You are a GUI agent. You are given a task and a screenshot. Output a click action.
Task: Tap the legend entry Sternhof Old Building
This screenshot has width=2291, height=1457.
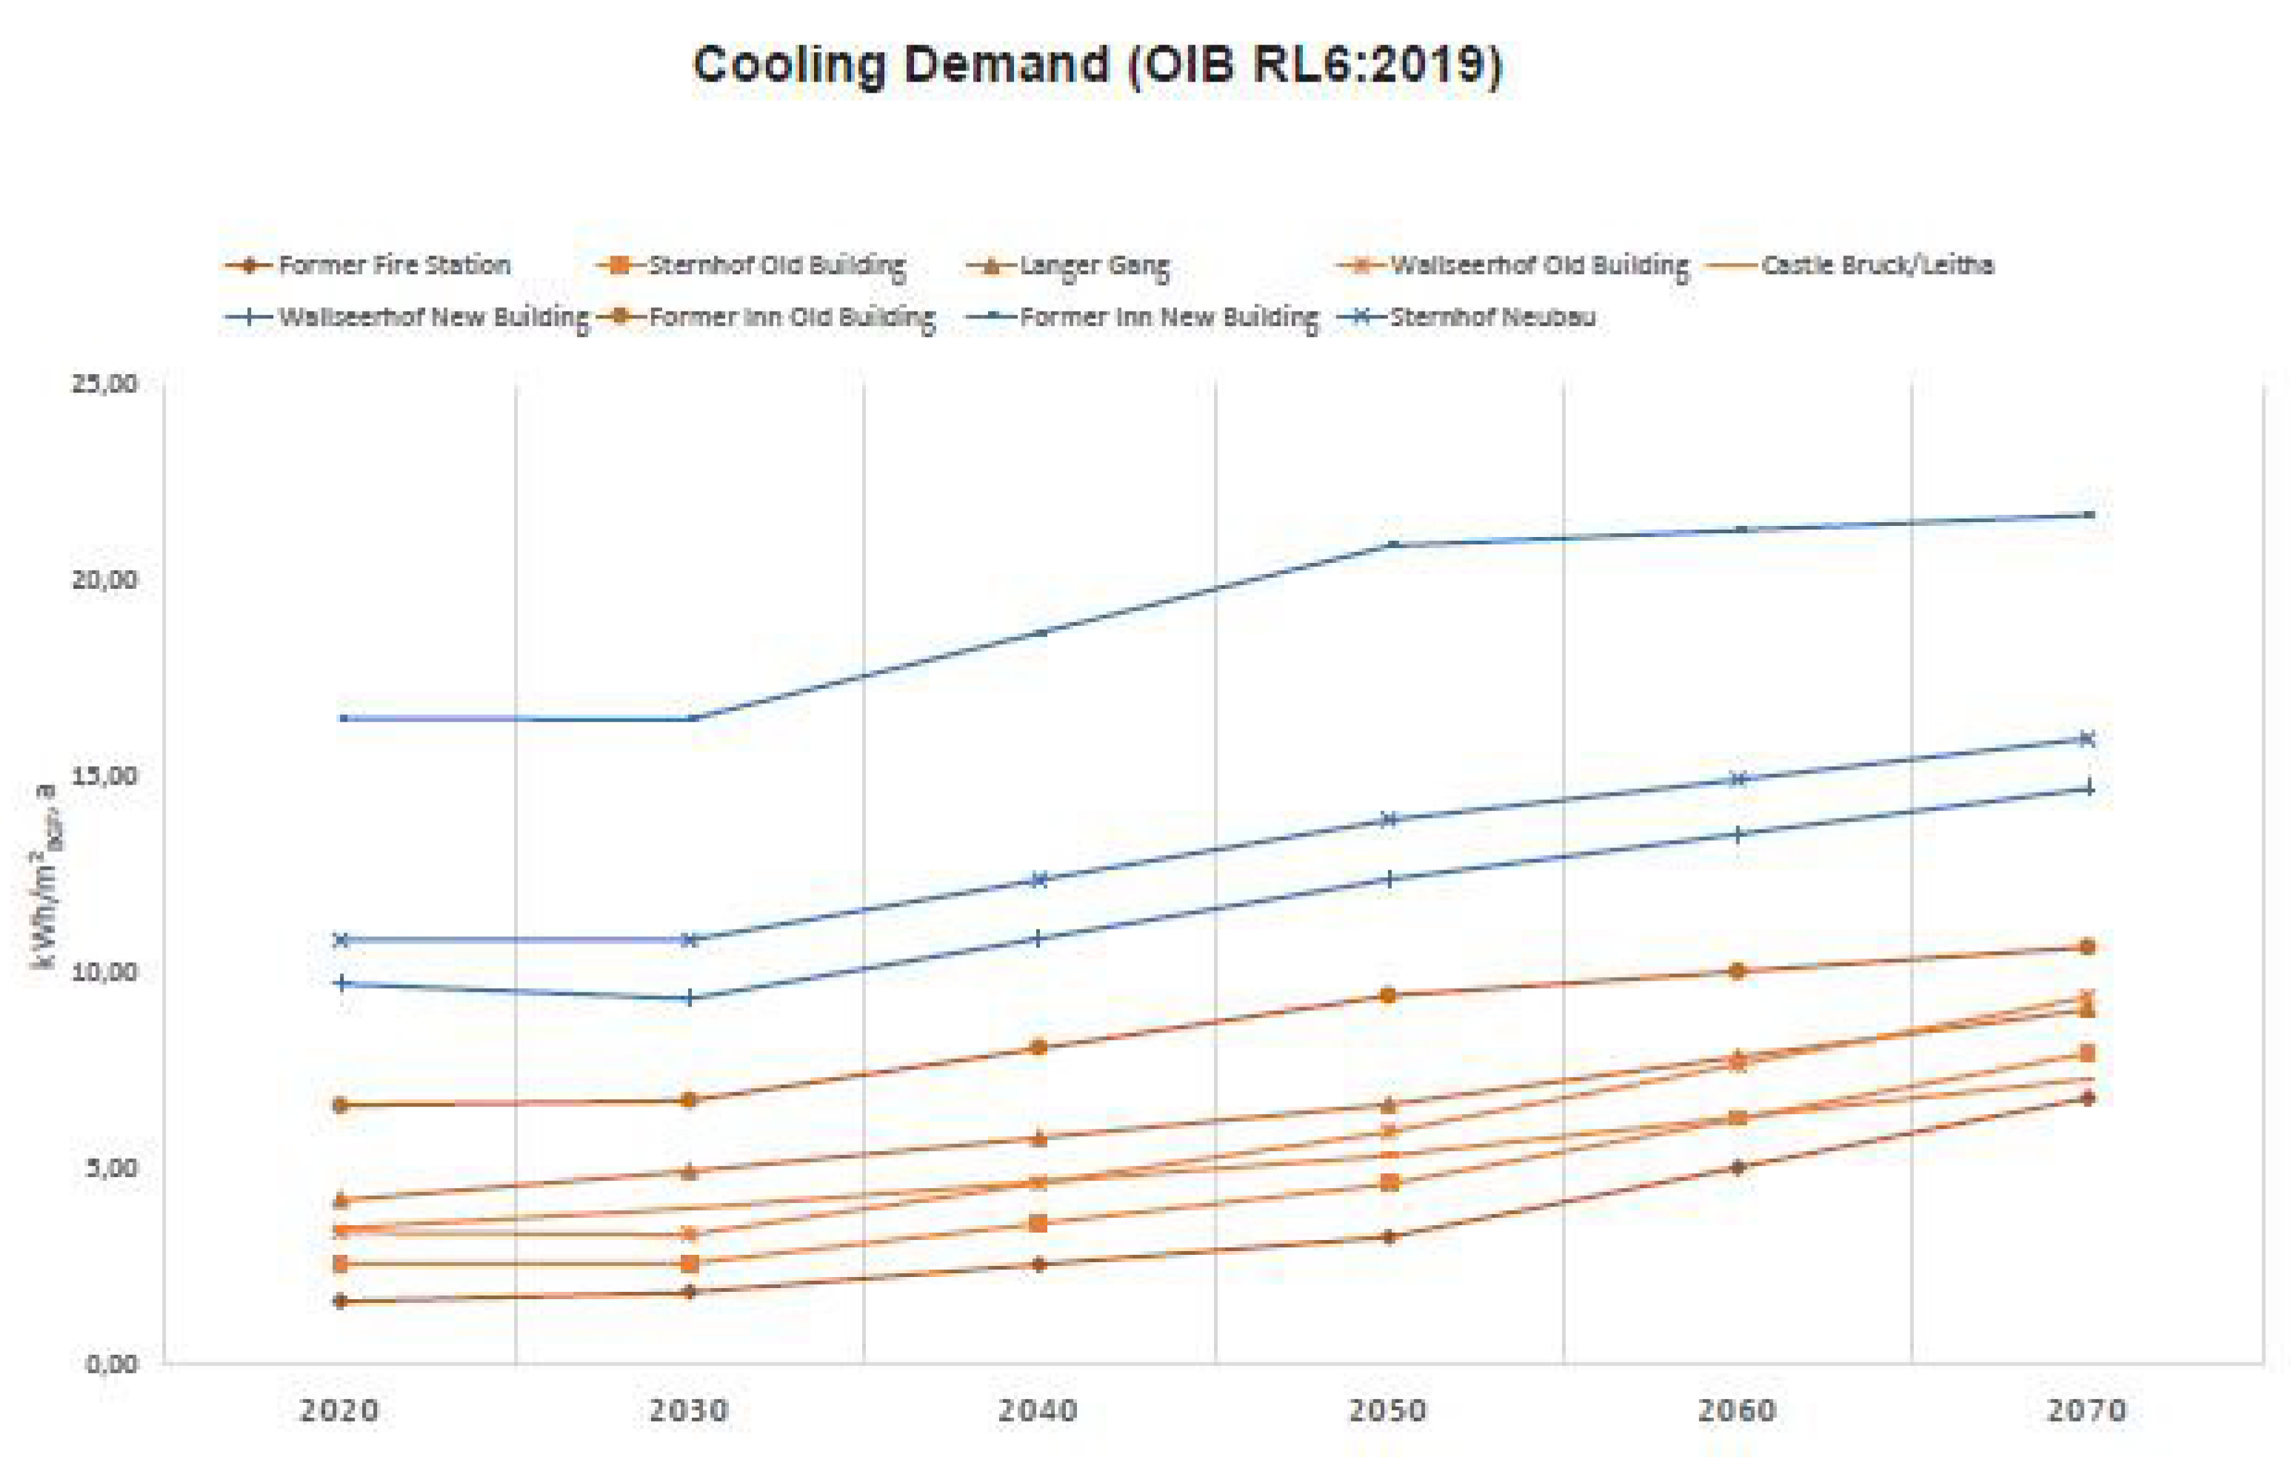click(776, 264)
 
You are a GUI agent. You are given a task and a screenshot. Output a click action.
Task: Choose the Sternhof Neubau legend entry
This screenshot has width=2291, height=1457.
click(1492, 317)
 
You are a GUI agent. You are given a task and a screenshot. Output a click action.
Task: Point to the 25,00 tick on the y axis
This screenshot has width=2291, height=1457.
click(104, 384)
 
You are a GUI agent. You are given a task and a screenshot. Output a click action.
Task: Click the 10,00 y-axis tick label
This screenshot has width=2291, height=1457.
click(104, 972)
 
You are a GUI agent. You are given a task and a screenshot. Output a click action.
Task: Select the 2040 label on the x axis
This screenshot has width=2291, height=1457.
click(1038, 1410)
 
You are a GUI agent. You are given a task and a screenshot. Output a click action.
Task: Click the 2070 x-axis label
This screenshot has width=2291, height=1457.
click(2087, 1410)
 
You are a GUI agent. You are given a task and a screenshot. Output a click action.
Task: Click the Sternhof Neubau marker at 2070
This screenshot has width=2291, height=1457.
click(2087, 738)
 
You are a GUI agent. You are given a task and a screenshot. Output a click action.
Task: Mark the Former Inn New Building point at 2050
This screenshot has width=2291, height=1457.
click(1389, 545)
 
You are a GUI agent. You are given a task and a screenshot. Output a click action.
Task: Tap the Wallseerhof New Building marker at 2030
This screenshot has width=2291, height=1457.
click(690, 997)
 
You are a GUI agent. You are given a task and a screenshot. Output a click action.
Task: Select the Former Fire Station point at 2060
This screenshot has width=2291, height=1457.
click(1737, 1167)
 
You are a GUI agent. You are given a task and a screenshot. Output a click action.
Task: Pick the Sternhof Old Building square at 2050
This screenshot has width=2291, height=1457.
click(1389, 1183)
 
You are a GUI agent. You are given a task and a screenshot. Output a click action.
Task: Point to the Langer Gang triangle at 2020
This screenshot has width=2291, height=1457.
click(341, 1200)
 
